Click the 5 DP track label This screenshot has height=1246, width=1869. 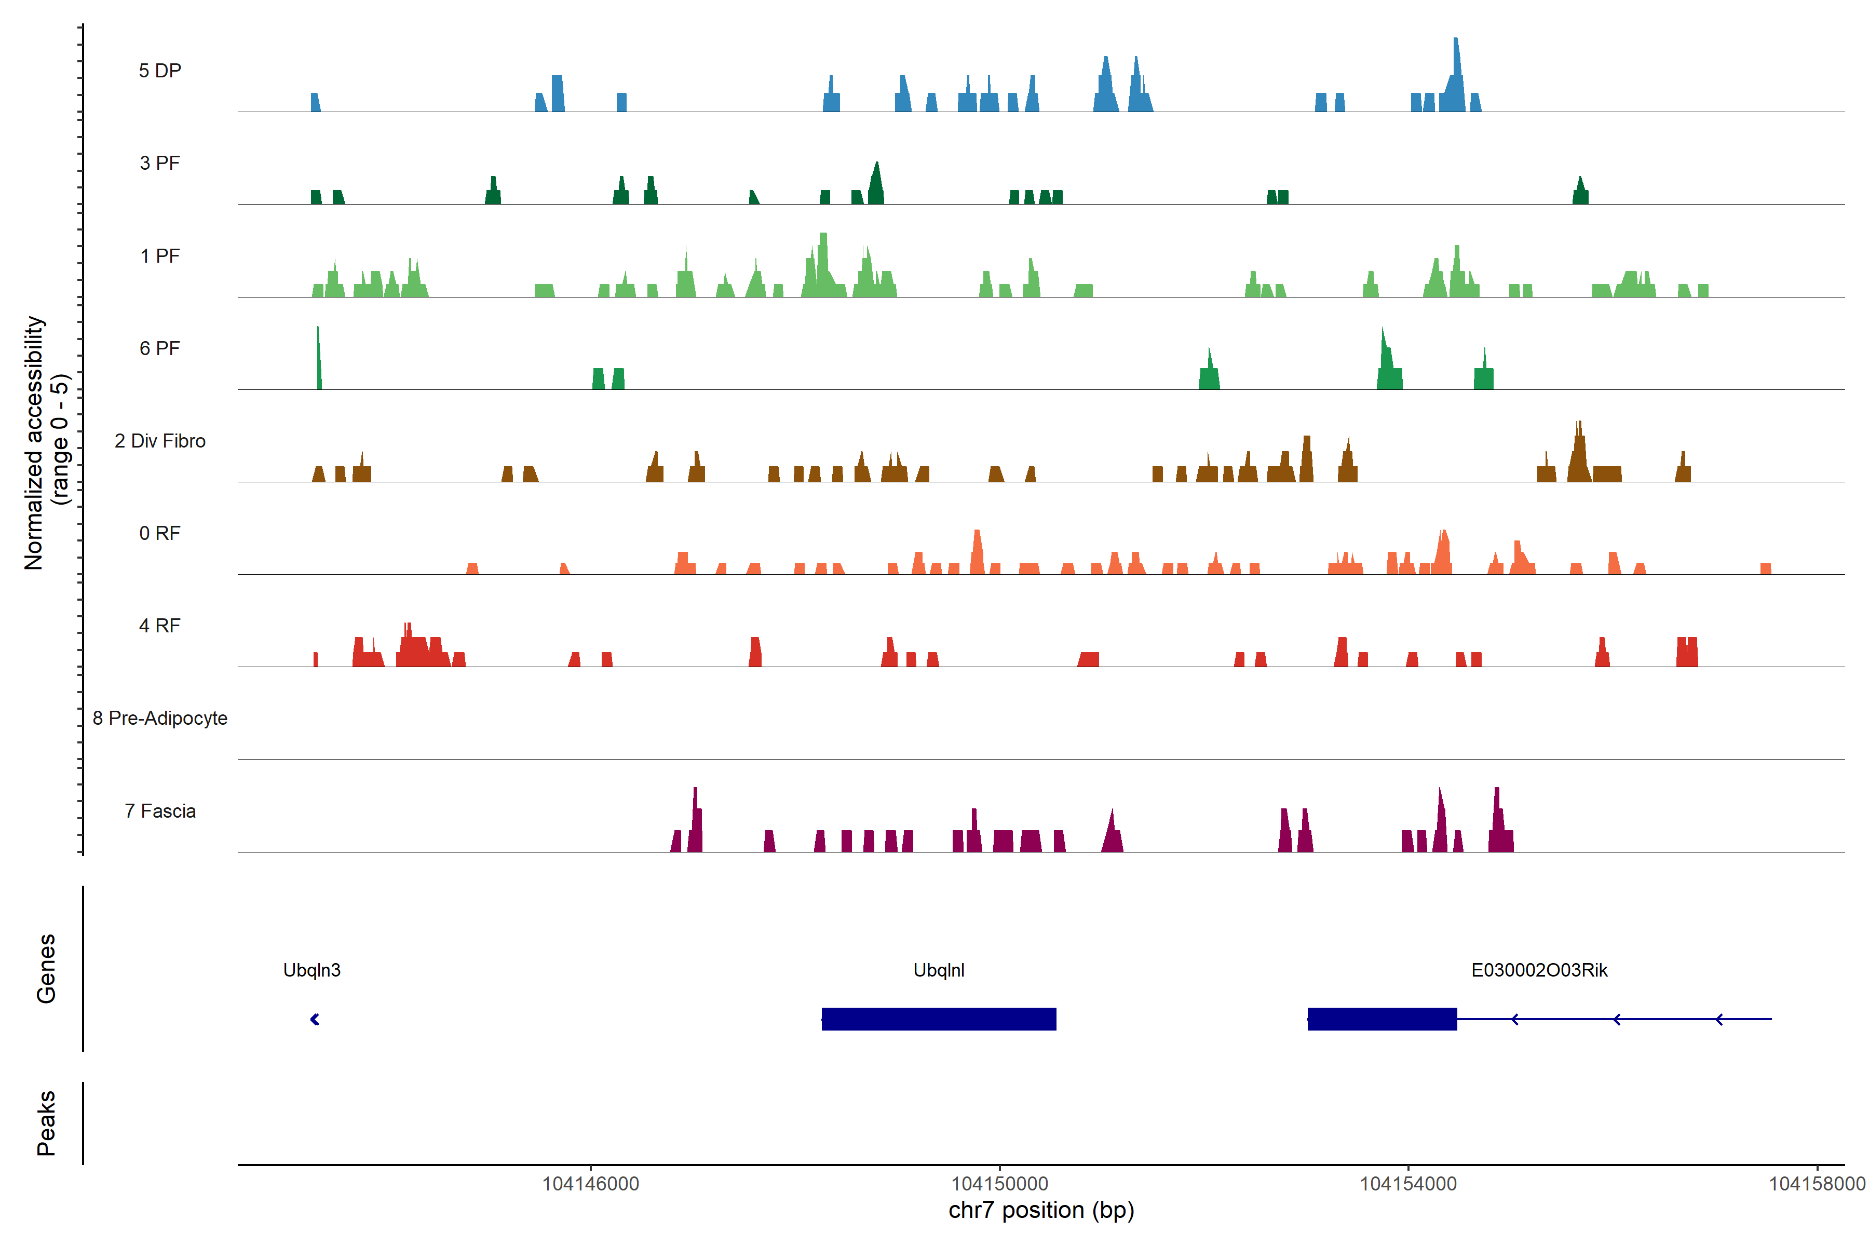pos(160,71)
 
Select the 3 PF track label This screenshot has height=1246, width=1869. pos(160,163)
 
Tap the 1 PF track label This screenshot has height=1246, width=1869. pos(160,256)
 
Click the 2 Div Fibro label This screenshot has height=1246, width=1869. pos(160,441)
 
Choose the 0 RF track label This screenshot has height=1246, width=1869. pos(160,533)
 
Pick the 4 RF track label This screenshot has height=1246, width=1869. pos(160,626)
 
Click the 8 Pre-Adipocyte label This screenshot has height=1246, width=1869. pos(160,719)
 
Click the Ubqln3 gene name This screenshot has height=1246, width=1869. pos(311,970)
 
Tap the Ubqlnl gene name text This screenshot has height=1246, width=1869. pos(939,970)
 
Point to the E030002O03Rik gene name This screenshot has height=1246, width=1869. pos(1539,970)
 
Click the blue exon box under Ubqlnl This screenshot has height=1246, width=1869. pos(939,1019)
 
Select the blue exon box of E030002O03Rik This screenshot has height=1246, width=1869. pos(1382,1019)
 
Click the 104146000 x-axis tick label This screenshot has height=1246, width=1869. pos(590,1184)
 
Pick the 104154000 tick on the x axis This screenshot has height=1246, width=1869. pos(1408,1184)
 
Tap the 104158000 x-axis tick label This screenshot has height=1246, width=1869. pos(1817,1184)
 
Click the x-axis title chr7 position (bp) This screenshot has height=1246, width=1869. pos(1041,1210)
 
